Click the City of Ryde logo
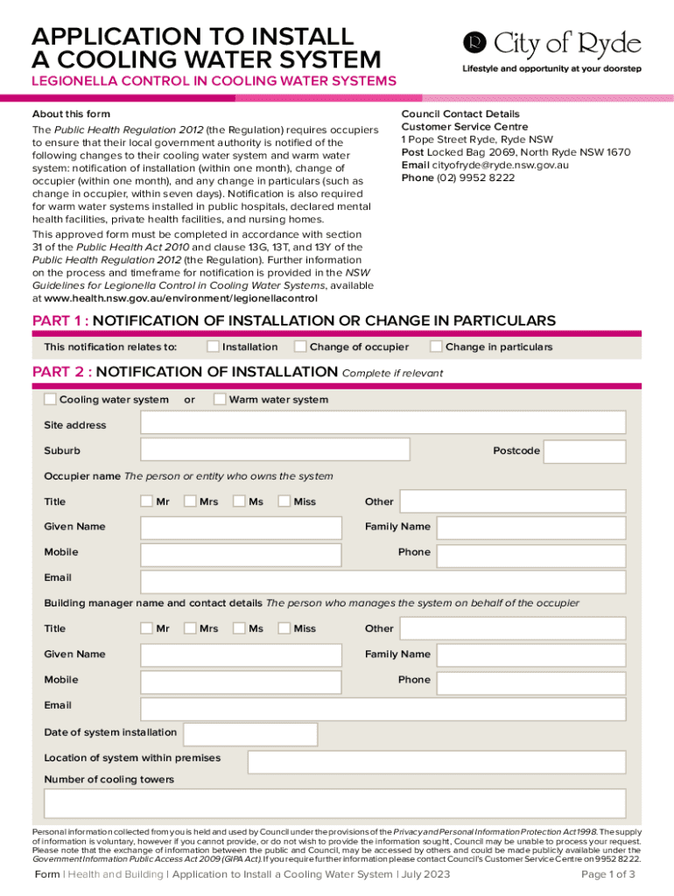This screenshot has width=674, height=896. [x=551, y=45]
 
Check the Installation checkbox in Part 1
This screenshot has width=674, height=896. [x=213, y=346]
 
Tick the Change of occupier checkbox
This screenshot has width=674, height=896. [x=300, y=346]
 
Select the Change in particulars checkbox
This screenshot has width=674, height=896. [x=436, y=346]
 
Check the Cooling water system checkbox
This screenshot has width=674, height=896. [x=50, y=400]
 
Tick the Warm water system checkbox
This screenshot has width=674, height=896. [x=220, y=400]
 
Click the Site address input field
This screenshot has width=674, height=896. [x=383, y=423]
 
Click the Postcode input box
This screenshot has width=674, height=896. [x=586, y=451]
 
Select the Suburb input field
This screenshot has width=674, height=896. [x=275, y=450]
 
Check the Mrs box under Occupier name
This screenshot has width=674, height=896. [x=191, y=501]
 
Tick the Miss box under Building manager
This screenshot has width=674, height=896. [x=284, y=628]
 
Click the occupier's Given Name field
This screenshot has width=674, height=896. [x=241, y=528]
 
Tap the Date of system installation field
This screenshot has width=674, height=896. [x=250, y=733]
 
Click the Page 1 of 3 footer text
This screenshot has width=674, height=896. [x=608, y=874]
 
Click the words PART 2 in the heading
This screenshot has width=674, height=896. [x=60, y=372]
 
